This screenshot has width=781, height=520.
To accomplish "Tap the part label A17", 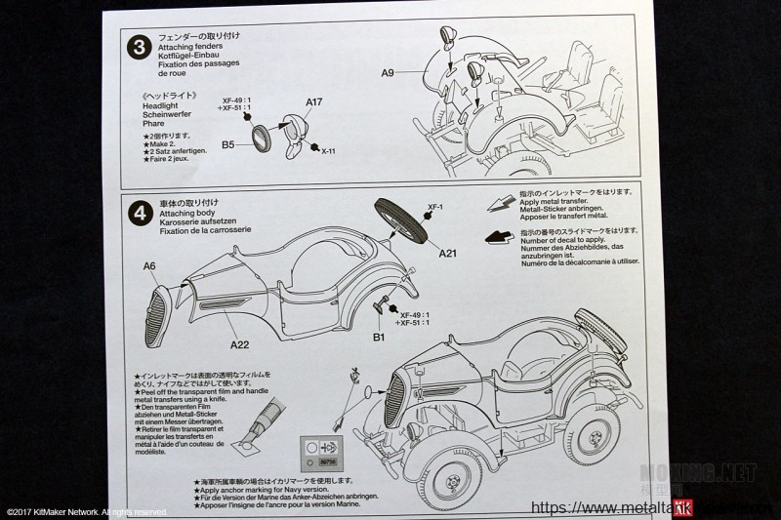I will (x=312, y=101).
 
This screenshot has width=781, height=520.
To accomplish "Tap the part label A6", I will (x=149, y=265).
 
